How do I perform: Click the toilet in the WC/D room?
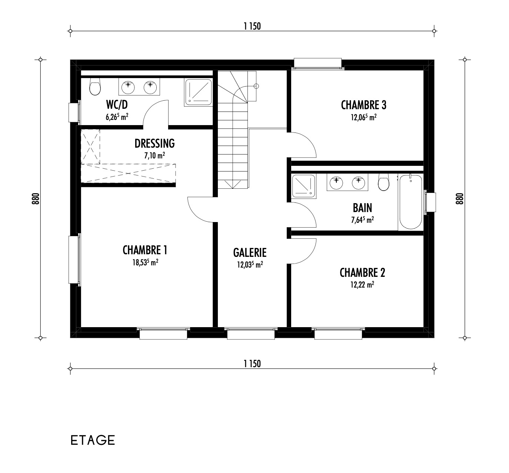[95, 87]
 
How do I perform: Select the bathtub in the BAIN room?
[410, 202]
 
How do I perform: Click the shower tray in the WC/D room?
[199, 92]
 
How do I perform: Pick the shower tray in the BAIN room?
[304, 186]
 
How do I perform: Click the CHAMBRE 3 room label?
[363, 105]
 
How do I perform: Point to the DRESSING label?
[154, 143]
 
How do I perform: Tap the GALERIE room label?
[250, 252]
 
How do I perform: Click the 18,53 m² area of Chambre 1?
[145, 262]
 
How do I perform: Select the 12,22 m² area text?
[362, 285]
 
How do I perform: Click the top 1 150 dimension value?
[252, 26]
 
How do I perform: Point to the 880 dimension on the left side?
[36, 198]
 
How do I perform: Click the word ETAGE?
[93, 440]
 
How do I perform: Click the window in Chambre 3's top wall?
[317, 64]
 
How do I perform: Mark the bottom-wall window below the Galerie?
[251, 333]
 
